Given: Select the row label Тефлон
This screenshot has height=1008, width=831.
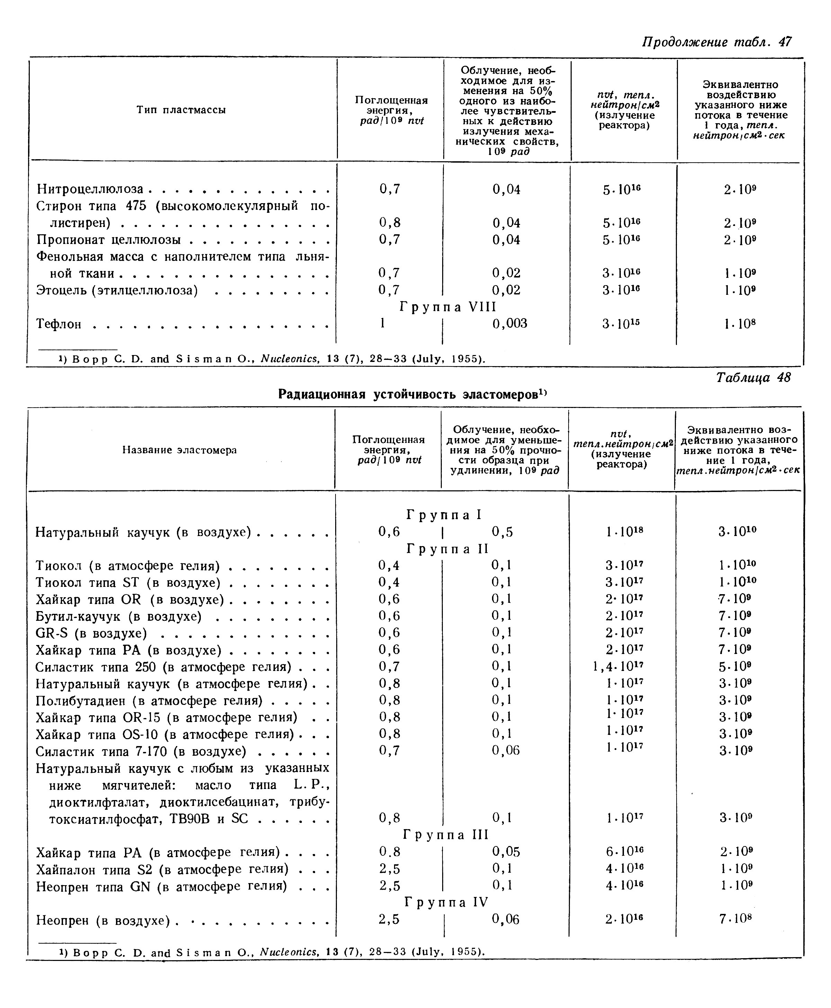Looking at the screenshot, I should click(x=59, y=324).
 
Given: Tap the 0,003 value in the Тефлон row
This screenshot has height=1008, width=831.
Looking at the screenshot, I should click(x=509, y=324).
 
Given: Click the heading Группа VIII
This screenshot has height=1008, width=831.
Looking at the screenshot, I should click(x=448, y=307).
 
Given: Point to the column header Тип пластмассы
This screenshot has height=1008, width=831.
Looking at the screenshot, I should click(x=181, y=110).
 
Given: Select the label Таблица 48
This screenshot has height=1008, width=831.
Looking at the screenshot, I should click(x=753, y=378).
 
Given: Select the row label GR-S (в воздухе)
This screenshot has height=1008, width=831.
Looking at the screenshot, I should click(x=91, y=633).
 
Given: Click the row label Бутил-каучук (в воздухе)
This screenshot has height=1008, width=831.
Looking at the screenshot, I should click(x=119, y=617).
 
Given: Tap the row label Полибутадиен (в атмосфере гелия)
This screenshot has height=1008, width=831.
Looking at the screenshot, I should click(x=149, y=701).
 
